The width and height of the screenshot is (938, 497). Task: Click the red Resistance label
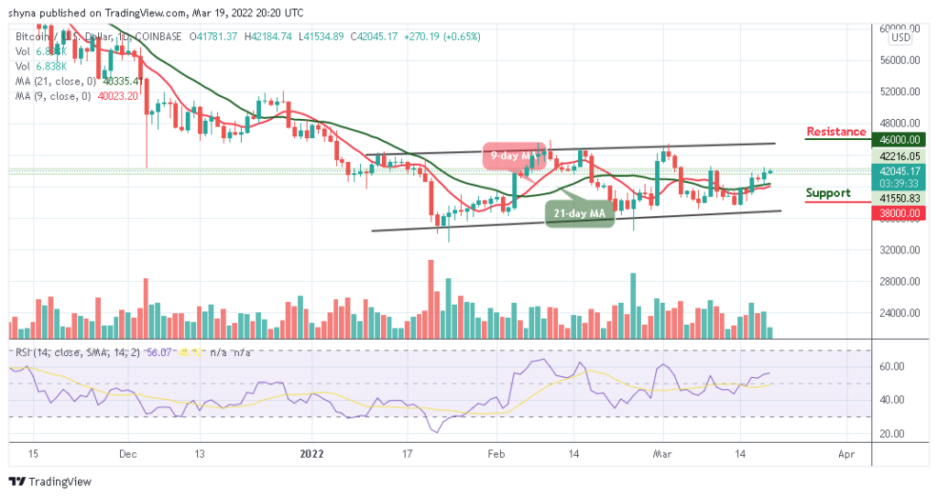(835, 132)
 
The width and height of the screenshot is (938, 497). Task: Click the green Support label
(827, 193)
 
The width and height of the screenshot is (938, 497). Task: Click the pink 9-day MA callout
(509, 157)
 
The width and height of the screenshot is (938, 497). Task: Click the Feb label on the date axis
(496, 453)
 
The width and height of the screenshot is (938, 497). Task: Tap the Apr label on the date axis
(846, 453)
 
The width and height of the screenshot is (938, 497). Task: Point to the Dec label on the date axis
(127, 453)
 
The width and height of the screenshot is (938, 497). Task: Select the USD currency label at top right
(900, 38)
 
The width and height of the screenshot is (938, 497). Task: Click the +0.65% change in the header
(462, 37)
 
